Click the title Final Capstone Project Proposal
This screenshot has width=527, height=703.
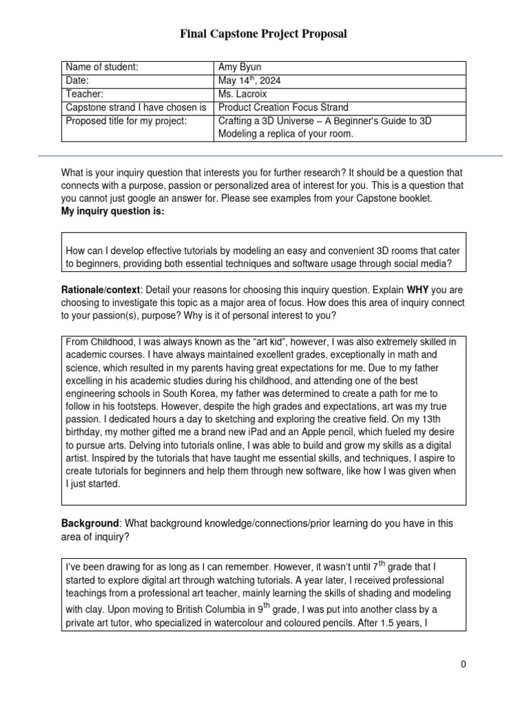[263, 34]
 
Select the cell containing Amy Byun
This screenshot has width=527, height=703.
[239, 67]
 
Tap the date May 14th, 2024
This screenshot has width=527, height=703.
[249, 80]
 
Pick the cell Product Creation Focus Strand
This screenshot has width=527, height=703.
[283, 107]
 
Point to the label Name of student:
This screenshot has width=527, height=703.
[102, 67]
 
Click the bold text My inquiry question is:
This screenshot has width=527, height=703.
[113, 211]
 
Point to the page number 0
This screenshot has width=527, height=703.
[464, 664]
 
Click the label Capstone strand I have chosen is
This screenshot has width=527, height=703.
[136, 107]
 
